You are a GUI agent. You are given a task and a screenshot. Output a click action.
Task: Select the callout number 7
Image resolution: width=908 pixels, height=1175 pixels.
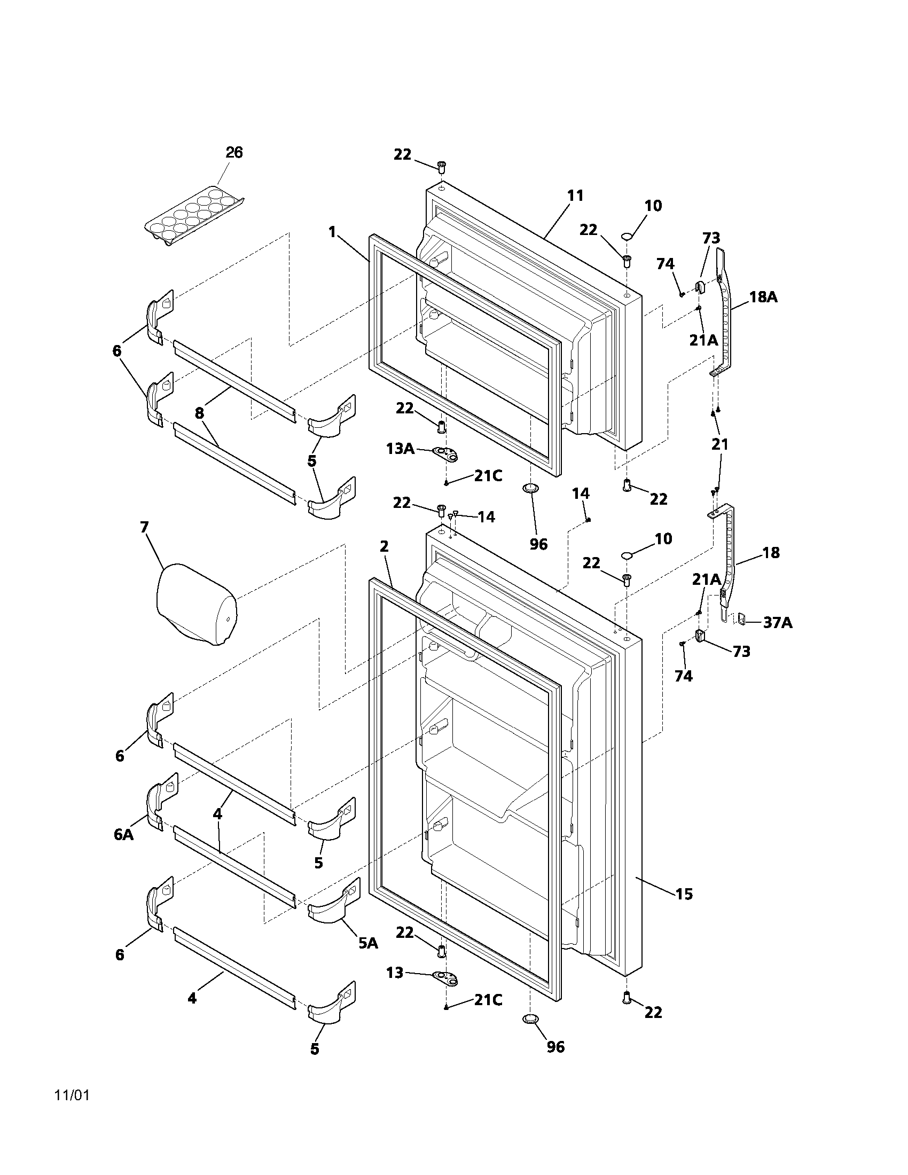coord(144,527)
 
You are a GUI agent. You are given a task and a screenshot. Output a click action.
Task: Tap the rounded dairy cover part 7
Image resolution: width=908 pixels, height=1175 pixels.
coord(197,604)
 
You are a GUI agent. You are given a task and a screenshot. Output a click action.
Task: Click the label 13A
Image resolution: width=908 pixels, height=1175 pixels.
coord(400,448)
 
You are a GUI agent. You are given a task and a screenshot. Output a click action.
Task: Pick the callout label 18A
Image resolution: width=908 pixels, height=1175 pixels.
coord(763,296)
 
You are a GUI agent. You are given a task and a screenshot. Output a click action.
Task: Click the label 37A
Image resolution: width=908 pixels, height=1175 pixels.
coord(778,623)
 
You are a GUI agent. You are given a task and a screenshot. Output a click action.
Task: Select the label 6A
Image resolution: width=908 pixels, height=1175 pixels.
coord(124,834)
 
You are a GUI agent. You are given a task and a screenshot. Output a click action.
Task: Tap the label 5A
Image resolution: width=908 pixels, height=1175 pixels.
coord(369,943)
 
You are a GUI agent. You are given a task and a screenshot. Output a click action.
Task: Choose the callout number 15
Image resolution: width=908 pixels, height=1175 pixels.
coord(684,894)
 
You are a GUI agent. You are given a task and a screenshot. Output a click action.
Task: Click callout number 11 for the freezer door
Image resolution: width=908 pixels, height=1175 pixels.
coord(575,196)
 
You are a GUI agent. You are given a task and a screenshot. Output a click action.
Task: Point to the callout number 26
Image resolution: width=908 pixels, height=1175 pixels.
coord(234,153)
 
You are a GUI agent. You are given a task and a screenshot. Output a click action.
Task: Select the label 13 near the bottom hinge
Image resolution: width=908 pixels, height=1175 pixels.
coord(395,973)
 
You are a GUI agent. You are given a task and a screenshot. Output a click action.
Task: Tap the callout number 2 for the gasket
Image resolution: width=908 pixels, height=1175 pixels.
coord(383,546)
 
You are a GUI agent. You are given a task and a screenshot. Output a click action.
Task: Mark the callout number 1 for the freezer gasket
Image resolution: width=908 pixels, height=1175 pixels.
coord(332,232)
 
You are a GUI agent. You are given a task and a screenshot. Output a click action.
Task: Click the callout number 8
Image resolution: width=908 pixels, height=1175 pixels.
coord(200,413)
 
